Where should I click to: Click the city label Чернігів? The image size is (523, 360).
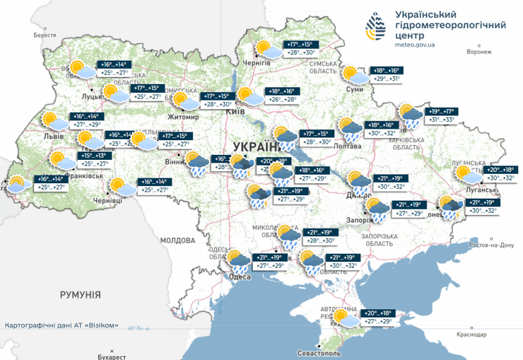tap(257, 63)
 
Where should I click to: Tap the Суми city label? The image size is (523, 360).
tap(355, 90)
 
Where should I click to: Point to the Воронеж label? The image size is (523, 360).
tap(479, 52)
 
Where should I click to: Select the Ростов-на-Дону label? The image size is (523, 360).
tap(488, 245)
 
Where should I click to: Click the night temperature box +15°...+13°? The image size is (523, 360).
tap(95, 156)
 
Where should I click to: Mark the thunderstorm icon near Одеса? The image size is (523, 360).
tap(238, 262)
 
